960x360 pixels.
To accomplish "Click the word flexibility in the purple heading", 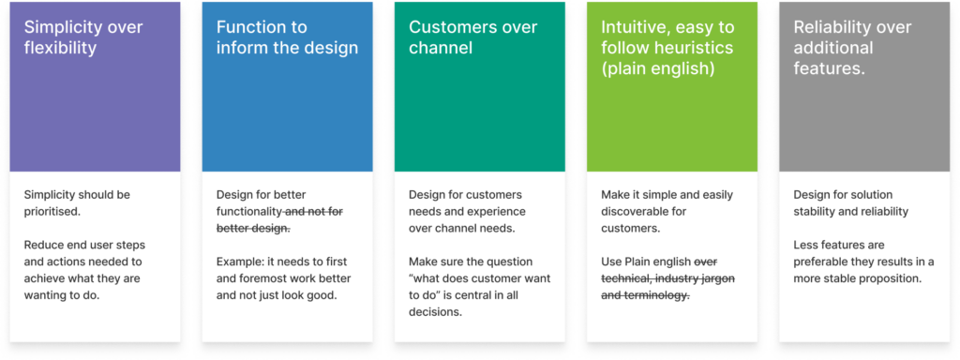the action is [x=61, y=49].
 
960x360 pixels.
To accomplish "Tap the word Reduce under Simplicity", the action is [x=41, y=245].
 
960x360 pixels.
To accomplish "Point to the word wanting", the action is [x=45, y=295].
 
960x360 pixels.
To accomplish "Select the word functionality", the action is [x=247, y=212].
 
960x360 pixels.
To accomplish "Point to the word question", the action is [x=513, y=262].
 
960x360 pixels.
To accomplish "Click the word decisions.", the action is [x=435, y=311].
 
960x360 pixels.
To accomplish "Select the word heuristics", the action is [x=691, y=49].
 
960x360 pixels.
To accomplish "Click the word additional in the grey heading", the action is [x=832, y=48].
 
